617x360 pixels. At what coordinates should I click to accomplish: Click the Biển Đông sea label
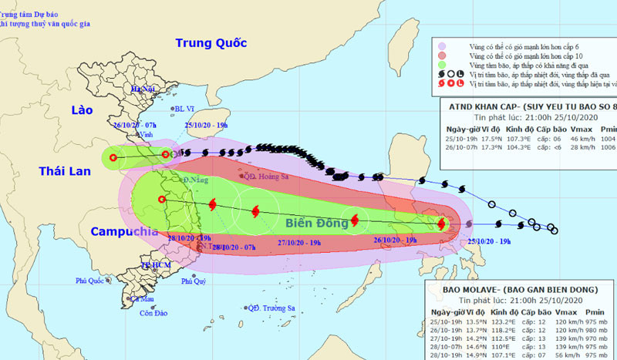315,223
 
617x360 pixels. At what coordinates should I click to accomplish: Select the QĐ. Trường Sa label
271,308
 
